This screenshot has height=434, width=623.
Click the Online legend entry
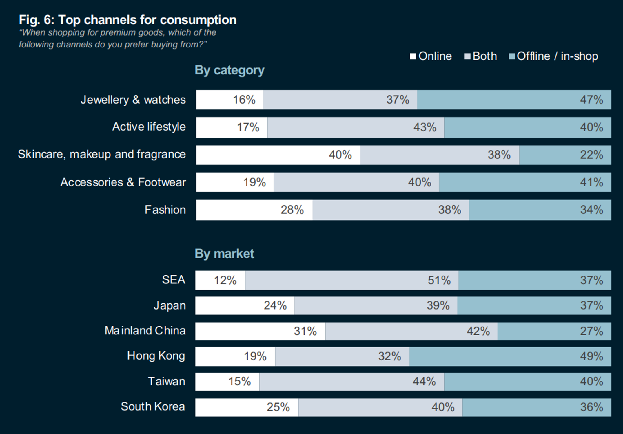coord(431,56)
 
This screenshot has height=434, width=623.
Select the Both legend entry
coord(481,56)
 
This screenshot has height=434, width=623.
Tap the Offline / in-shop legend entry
coord(553,56)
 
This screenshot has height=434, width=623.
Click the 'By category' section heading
coord(229,70)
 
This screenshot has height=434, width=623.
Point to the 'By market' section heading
coord(224,254)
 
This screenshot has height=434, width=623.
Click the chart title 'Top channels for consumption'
coord(127,20)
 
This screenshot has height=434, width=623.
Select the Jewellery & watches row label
coord(133,100)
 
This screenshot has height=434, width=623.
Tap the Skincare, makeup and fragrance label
coord(102,154)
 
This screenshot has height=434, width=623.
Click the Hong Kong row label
coord(156,356)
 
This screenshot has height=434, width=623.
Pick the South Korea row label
coord(153,407)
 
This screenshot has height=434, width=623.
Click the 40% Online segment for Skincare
coord(278,155)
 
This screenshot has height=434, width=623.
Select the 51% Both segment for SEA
coord(351,280)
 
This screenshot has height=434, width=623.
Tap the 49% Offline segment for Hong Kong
coord(510,356)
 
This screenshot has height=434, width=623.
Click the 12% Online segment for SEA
coord(220,280)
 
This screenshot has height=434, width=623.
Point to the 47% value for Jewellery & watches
coord(591,100)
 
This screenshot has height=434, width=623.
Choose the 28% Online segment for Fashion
coord(254,210)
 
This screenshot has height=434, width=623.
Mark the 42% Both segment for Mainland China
coord(411,331)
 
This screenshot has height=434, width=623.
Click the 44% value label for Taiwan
coord(424,382)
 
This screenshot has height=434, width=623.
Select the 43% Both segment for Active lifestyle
coord(356,127)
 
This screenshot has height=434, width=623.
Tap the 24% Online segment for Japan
coord(245,305)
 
